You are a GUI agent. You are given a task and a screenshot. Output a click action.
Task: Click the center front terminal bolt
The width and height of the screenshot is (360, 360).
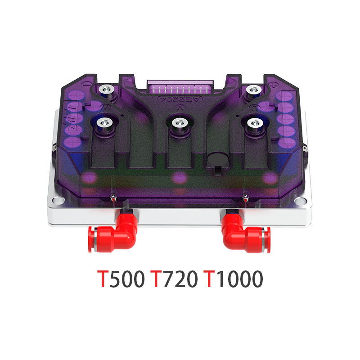(179, 122)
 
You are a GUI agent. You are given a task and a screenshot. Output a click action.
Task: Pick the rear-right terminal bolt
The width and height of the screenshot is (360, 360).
(251, 90)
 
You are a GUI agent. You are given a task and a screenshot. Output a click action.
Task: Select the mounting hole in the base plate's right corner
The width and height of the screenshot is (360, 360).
(303, 201)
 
